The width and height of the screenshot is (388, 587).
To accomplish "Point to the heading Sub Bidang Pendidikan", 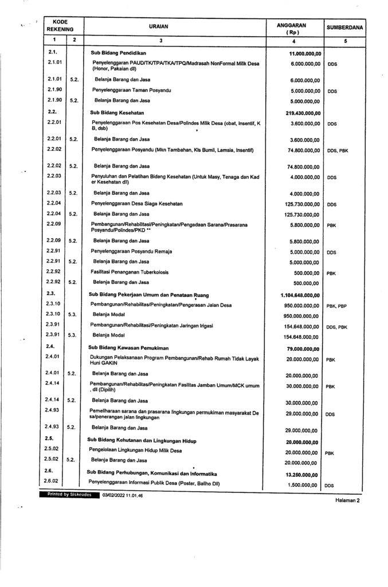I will click(x=119, y=53).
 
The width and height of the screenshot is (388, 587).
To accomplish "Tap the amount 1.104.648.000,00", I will click(x=301, y=295).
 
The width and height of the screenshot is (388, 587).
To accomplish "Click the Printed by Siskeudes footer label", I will click(x=66, y=494).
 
